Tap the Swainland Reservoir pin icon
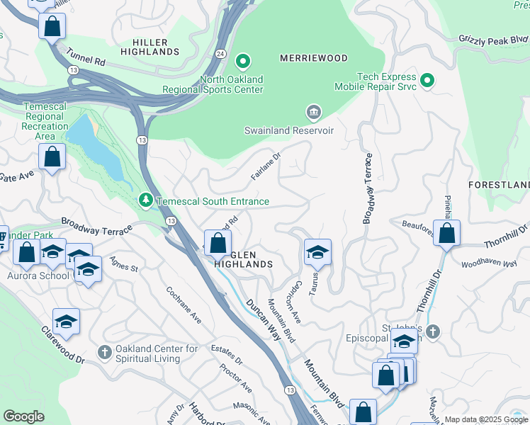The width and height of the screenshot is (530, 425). [313, 113]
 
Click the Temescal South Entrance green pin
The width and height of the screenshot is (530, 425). [146, 201]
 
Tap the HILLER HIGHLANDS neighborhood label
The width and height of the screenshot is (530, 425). [150, 47]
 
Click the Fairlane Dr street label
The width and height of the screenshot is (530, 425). [266, 164]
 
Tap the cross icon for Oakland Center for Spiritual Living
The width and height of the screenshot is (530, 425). [104, 352]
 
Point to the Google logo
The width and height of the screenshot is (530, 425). [24, 416]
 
